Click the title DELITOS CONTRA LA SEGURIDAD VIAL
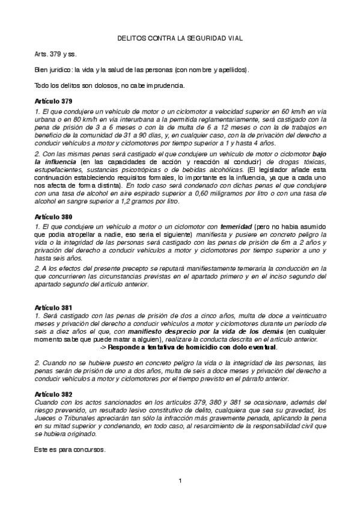(180, 38)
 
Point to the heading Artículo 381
(53, 306)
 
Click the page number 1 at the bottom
(180, 480)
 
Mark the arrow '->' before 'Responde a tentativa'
(102, 347)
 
